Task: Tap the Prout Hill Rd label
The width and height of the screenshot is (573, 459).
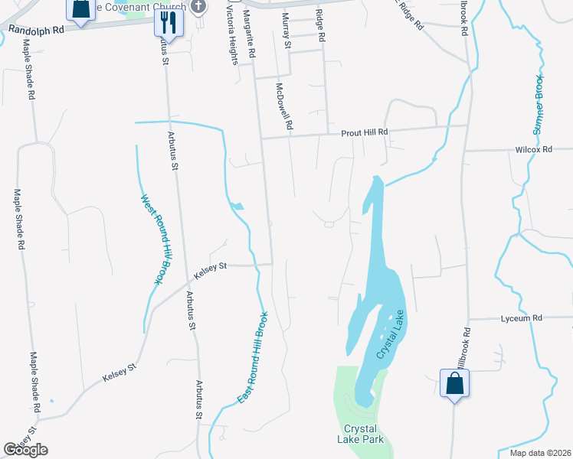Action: pos(365,132)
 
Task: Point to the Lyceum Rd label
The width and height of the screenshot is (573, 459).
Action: pos(521,317)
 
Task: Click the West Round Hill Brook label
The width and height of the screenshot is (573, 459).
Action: pos(154,239)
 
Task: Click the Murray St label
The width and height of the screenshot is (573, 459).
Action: pos(287,31)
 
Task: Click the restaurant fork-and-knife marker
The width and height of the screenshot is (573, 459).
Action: pos(169,22)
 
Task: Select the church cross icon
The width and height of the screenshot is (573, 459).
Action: pos(199,7)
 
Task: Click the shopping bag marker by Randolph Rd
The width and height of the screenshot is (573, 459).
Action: pos(80,8)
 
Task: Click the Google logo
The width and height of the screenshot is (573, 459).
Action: pos(25,450)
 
